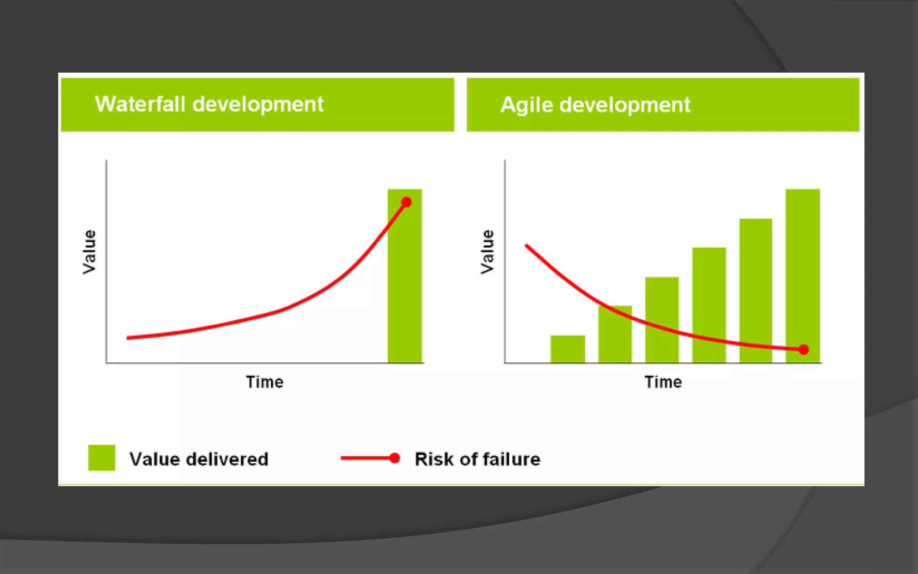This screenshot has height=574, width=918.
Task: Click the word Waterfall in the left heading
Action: pos(140,104)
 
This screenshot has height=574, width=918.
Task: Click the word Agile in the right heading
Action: pos(527,105)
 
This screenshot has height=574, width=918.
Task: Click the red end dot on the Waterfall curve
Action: pos(407,202)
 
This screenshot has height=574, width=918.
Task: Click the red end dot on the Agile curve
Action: pos(804,349)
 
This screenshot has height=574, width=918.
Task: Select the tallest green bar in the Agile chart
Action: pos(802,269)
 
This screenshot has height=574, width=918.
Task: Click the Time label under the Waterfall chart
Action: pos(264,382)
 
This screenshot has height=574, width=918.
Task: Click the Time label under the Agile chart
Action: pos(663,382)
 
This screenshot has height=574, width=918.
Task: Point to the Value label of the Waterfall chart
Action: pos(89,252)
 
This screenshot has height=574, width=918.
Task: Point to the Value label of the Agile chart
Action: pos(487,252)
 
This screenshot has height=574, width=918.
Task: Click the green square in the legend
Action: pos(102,458)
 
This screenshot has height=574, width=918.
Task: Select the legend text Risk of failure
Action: pos(477,459)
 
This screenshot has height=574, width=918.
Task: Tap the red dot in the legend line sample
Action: pos(394,458)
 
